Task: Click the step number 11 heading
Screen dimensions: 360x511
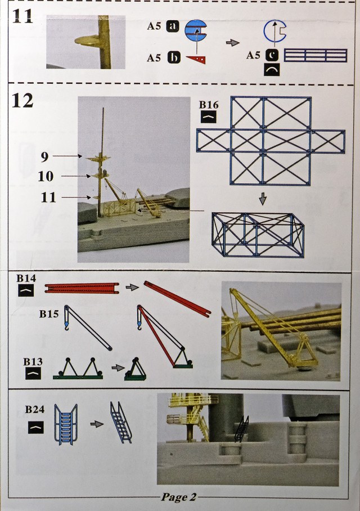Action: (x=22, y=16)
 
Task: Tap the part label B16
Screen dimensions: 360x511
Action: (x=209, y=105)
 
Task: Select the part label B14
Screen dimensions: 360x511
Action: (x=26, y=279)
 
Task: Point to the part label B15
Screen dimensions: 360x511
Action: (x=49, y=314)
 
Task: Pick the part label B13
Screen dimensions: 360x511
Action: (x=33, y=362)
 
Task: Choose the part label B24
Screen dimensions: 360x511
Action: (x=35, y=409)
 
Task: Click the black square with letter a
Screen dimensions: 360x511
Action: (x=173, y=26)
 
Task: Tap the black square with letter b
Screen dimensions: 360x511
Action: (x=174, y=57)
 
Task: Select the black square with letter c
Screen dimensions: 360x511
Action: (x=272, y=55)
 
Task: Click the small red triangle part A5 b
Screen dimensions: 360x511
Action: (x=196, y=60)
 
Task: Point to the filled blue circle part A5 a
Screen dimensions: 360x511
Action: (x=196, y=30)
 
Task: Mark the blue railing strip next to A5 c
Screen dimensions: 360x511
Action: (x=316, y=55)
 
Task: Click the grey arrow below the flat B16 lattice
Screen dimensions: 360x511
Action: (x=263, y=199)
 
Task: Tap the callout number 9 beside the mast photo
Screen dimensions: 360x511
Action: (x=44, y=157)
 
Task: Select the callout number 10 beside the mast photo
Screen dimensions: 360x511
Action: (x=46, y=176)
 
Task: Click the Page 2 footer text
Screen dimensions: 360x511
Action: (x=179, y=497)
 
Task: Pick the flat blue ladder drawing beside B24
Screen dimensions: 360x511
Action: (x=66, y=424)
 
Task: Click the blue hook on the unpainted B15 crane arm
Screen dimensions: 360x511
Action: (x=67, y=325)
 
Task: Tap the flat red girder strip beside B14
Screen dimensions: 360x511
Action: (x=82, y=288)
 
